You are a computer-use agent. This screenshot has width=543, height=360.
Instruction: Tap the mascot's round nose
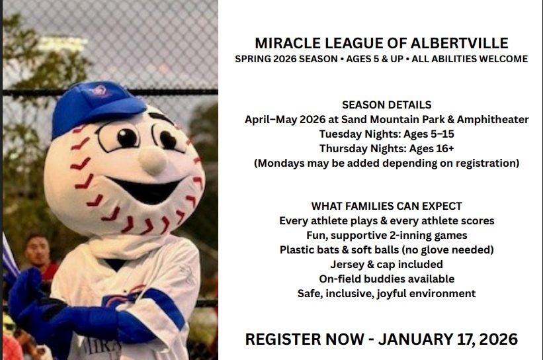[152, 157]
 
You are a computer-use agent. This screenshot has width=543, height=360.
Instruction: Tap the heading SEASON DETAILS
[386, 105]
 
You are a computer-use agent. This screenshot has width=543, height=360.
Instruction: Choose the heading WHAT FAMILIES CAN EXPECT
[386, 206]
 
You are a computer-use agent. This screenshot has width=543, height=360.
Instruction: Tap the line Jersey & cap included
[386, 264]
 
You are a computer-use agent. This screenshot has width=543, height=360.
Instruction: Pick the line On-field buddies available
[386, 279]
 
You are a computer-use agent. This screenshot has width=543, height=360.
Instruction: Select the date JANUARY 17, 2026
[448, 339]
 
